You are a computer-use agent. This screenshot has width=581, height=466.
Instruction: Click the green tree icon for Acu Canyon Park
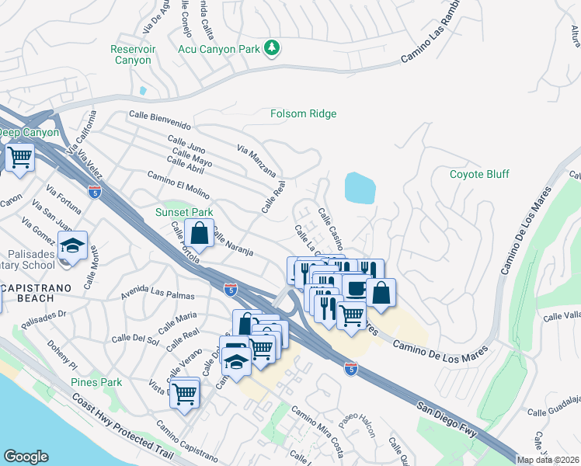(272, 49)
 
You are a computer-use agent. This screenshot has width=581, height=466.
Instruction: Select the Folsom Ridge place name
(303, 114)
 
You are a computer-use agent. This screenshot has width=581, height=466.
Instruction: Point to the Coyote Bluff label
(479, 174)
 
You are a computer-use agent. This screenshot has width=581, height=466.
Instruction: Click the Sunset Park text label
(183, 212)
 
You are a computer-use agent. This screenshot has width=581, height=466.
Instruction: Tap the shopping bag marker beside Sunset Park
(200, 231)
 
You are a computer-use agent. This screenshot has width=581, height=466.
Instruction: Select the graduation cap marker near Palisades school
(73, 246)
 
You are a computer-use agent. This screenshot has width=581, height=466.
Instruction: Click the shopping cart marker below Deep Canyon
(20, 158)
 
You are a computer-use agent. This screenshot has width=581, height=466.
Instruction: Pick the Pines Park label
(96, 382)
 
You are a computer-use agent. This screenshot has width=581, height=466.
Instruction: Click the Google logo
(26, 457)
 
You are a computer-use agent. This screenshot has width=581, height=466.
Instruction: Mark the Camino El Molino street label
(178, 184)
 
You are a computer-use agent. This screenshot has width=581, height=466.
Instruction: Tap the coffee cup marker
(357, 289)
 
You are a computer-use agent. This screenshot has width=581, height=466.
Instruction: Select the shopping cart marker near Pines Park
(185, 393)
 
